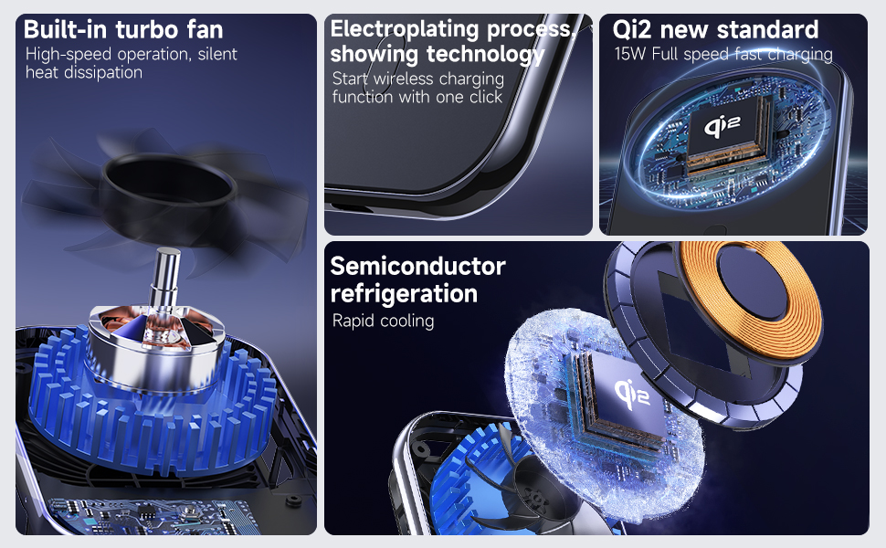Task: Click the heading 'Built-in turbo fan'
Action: pyautogui.click(x=123, y=29)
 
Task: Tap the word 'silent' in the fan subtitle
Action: pyautogui.click(x=217, y=54)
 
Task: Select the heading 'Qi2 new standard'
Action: pyautogui.click(x=715, y=29)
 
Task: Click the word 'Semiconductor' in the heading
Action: pyautogui.click(x=417, y=266)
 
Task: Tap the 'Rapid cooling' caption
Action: pyautogui.click(x=383, y=321)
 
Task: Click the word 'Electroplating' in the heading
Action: pyautogui.click(x=406, y=29)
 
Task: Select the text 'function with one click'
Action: pyautogui.click(x=417, y=97)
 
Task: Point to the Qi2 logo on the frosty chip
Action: pyautogui.click(x=632, y=394)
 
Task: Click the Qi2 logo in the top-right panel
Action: pyautogui.click(x=723, y=125)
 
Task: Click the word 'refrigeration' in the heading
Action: pyautogui.click(x=404, y=294)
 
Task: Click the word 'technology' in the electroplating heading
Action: pyautogui.click(x=485, y=54)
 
